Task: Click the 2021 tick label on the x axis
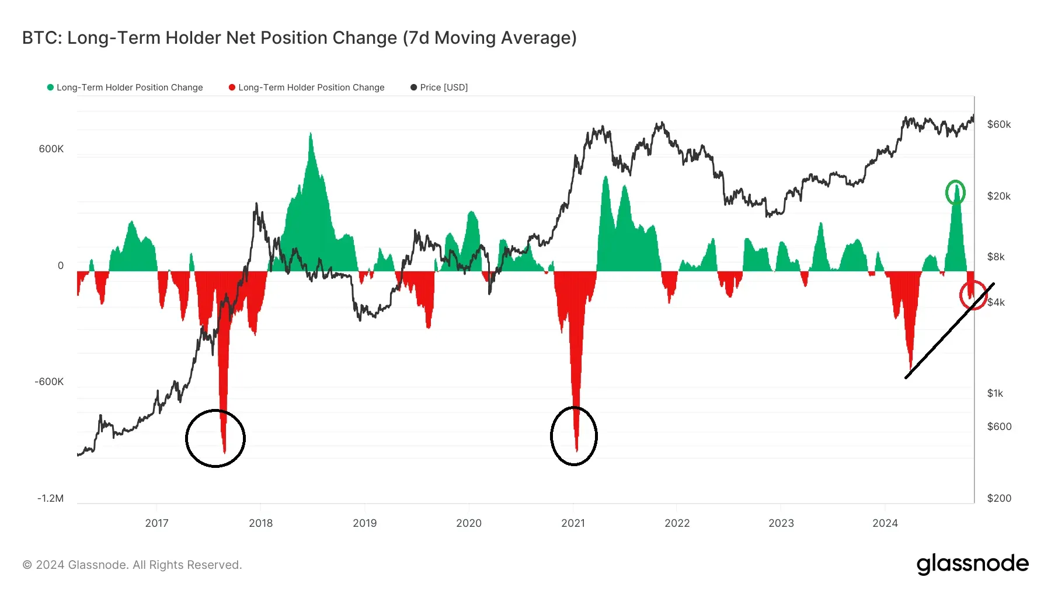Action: pos(573,523)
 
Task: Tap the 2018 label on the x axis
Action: pos(260,523)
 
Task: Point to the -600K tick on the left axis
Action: pos(49,382)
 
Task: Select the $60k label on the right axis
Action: pos(998,124)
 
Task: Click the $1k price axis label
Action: pos(995,393)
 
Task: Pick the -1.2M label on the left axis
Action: pos(50,498)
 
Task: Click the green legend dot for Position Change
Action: pos(51,88)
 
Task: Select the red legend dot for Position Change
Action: pos(232,88)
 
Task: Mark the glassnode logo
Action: pos(972,564)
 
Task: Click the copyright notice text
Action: pos(132,565)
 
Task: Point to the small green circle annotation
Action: pos(955,193)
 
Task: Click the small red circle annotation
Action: pos(973,296)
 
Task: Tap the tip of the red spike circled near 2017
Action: pos(224,452)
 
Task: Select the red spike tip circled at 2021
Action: pos(576,450)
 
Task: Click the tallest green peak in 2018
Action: pos(311,134)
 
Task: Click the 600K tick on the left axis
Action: pos(51,149)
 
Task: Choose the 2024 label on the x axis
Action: pos(885,523)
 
